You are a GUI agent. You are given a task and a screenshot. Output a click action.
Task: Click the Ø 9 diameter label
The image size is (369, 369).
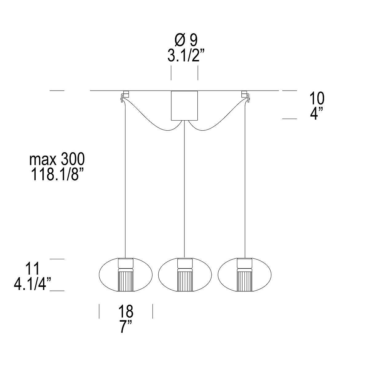(186, 40)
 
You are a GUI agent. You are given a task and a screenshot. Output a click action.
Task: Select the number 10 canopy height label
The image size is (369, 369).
(317, 98)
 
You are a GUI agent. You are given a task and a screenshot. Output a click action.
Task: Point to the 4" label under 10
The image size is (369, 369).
(316, 113)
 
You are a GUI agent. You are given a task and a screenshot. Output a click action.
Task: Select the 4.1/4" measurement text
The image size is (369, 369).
(32, 284)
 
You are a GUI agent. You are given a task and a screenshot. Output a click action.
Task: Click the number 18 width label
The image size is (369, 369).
(126, 311)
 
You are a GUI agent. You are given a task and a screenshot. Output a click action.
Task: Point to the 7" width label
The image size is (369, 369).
(126, 327)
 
